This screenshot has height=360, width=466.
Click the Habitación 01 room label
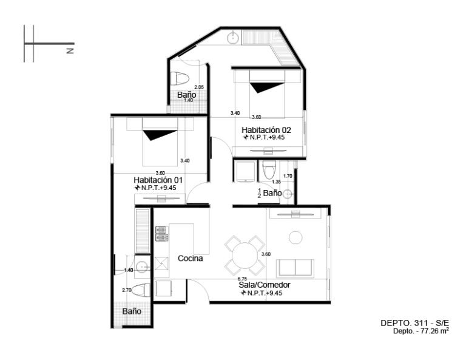tap(158, 180)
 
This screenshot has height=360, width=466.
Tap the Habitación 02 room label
tap(266, 130)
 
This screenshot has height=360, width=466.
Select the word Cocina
tap(190, 259)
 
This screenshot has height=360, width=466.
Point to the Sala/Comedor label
tap(265, 285)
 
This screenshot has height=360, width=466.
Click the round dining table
tap(245, 256)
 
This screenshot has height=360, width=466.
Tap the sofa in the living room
tap(295, 268)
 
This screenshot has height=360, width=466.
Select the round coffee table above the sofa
tap(295, 238)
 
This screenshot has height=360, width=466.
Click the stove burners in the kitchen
tap(161, 233)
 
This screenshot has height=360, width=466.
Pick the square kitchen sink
tap(161, 263)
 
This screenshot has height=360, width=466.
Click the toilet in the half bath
tap(269, 169)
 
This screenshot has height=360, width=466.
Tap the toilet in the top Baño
tap(180, 78)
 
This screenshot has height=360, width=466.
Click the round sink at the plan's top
tap(233, 38)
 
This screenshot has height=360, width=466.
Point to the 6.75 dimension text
tap(242, 279)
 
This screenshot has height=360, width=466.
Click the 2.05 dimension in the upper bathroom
tap(199, 87)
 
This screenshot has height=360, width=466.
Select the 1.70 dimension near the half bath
tap(288, 176)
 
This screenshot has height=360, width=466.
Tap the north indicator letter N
tap(70, 50)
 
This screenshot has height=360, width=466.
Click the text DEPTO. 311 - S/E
tap(415, 323)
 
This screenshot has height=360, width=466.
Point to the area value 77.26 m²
tap(434, 331)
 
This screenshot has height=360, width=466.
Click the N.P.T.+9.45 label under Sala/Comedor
tap(262, 293)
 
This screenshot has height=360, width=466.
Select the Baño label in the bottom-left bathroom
tap(132, 311)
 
